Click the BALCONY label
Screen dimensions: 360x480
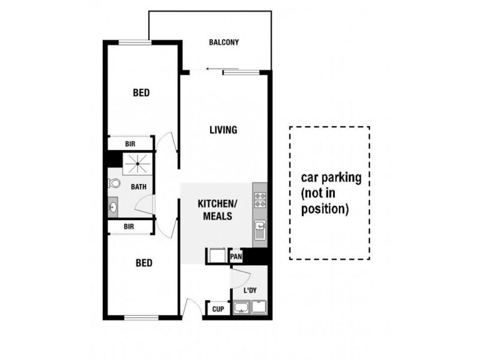[224, 43]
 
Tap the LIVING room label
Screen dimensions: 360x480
[223, 130]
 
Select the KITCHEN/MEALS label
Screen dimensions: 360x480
[218, 210]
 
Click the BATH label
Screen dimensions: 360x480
[139, 187]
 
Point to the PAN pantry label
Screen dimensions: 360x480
[236, 257]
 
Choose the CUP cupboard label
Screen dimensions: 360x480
[217, 310]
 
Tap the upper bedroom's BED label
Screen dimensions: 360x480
[141, 93]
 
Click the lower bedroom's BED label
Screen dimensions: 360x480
[143, 263]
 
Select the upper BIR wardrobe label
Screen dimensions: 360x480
[130, 145]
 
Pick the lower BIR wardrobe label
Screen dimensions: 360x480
[128, 226]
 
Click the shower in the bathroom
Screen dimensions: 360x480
[137, 162]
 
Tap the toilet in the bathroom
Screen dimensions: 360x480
[115, 184]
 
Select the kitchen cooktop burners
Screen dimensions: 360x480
[260, 199]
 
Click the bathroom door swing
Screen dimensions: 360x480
[145, 204]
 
